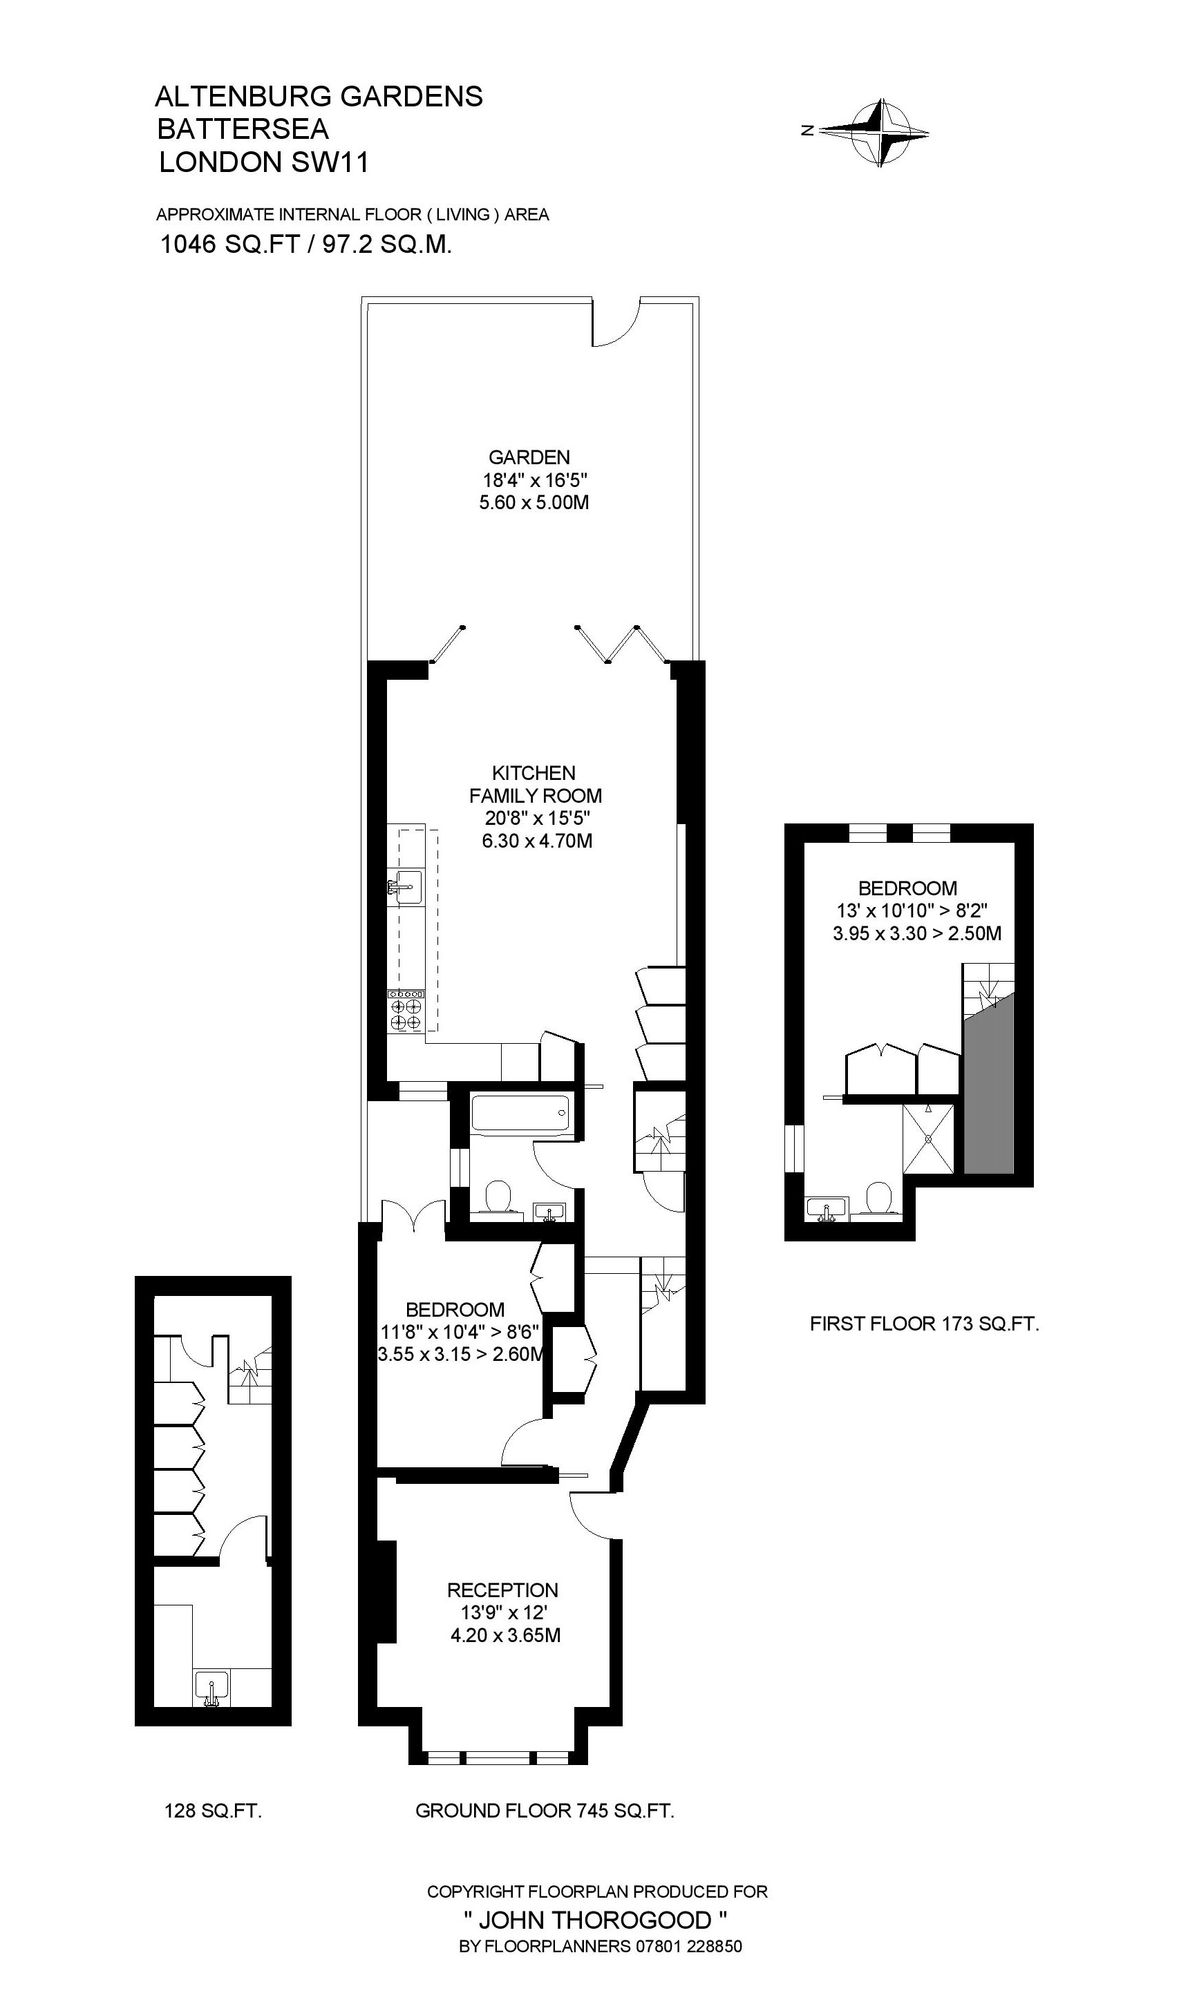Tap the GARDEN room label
point(529,457)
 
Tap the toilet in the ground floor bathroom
point(498,1196)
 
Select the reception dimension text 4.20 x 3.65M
point(505,1635)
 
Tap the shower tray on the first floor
point(928,1138)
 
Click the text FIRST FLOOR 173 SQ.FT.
point(924,1324)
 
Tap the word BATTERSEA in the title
point(243,128)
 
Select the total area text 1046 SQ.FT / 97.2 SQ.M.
point(306,245)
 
